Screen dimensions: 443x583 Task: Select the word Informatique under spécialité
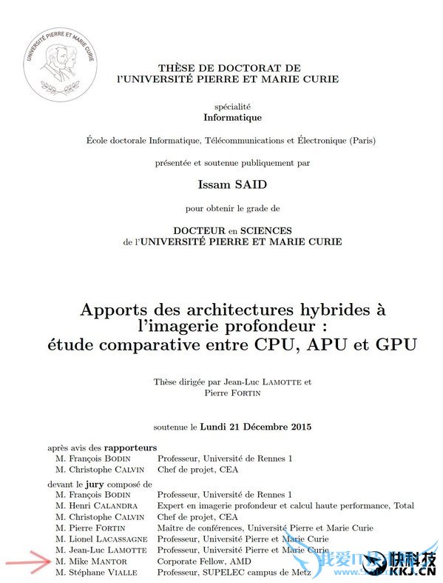tap(232, 117)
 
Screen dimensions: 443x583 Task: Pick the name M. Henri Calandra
tap(101, 505)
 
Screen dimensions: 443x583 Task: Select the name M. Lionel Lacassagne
tap(105, 539)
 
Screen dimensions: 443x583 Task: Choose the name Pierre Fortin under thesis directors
tap(232, 393)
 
